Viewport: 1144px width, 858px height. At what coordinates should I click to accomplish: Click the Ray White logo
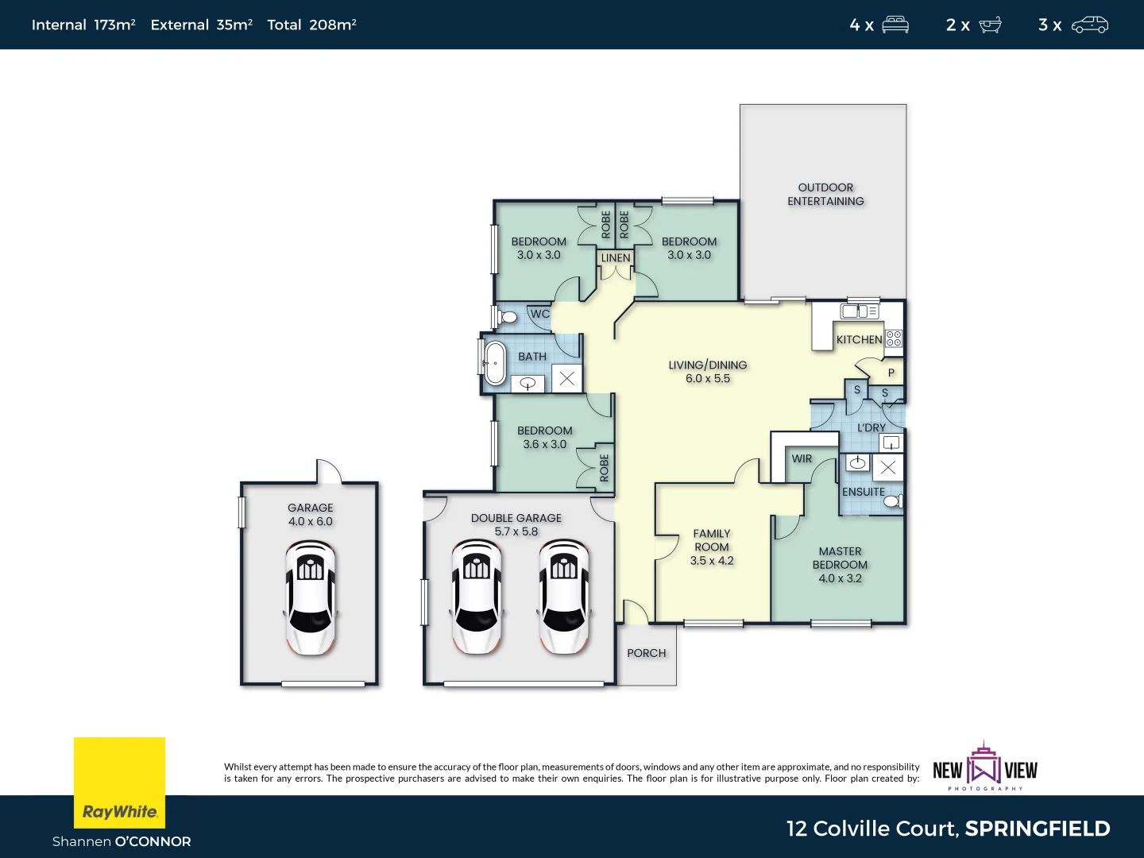tap(119, 783)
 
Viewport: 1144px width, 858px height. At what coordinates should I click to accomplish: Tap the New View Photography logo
tap(985, 767)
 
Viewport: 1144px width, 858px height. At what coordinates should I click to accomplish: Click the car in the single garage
tap(310, 597)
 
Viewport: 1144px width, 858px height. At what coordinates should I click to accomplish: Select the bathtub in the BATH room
tap(495, 363)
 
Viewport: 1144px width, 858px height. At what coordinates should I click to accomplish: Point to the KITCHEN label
tap(859, 339)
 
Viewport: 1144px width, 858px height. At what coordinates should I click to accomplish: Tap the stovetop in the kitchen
tap(894, 338)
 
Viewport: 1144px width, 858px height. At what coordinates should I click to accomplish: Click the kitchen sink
tap(860, 311)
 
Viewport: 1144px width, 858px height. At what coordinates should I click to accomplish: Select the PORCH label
tap(646, 653)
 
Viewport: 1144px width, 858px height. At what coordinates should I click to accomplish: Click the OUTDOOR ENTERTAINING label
tap(825, 195)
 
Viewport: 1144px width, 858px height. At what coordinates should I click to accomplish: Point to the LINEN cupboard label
tap(616, 258)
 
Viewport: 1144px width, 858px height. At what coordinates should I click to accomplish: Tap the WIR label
tap(802, 458)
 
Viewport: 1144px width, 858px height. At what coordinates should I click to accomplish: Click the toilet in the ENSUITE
tap(893, 500)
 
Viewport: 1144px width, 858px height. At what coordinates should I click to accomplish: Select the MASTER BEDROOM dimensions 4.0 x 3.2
tap(840, 578)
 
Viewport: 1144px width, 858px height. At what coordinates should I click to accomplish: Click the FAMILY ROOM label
tap(711, 540)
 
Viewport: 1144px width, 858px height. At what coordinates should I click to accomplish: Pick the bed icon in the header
tap(895, 25)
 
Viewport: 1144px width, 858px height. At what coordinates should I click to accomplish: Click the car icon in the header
tap(1089, 25)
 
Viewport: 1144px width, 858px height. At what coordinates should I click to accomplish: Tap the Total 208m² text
tap(311, 25)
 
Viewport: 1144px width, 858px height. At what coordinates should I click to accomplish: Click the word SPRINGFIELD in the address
tap(1038, 829)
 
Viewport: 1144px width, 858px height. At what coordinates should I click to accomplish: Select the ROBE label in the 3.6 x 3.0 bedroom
tap(604, 467)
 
